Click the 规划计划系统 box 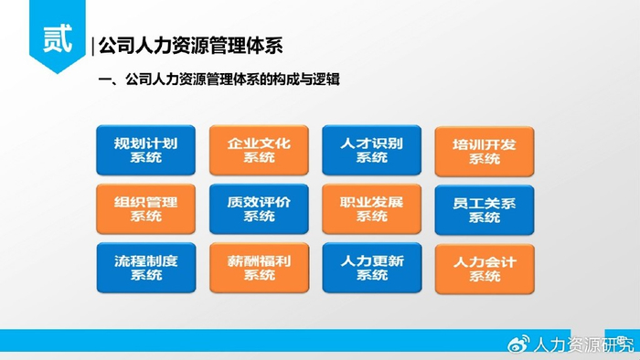pyautogui.click(x=145, y=150)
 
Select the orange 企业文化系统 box pyautogui.click(x=259, y=150)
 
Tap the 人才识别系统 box pyautogui.click(x=371, y=150)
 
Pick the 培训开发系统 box pyautogui.click(x=485, y=152)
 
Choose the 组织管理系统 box pyautogui.click(x=145, y=208)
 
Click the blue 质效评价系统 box pyautogui.click(x=259, y=208)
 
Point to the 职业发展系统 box pyautogui.click(x=371, y=208)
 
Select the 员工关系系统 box pyautogui.click(x=485, y=210)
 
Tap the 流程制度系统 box pyautogui.click(x=146, y=268)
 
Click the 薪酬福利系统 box pyautogui.click(x=259, y=268)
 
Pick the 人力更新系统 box pyautogui.click(x=372, y=268)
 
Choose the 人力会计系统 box pyautogui.click(x=485, y=269)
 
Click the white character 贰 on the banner pyautogui.click(x=57, y=38)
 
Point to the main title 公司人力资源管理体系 pyautogui.click(x=190, y=46)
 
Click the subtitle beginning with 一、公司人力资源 pyautogui.click(x=219, y=79)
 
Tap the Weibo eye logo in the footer pyautogui.click(x=518, y=344)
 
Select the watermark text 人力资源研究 pyautogui.click(x=583, y=344)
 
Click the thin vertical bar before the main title pyautogui.click(x=93, y=46)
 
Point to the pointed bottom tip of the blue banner pyautogui.click(x=57, y=73)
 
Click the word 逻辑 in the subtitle pyautogui.click(x=326, y=79)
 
